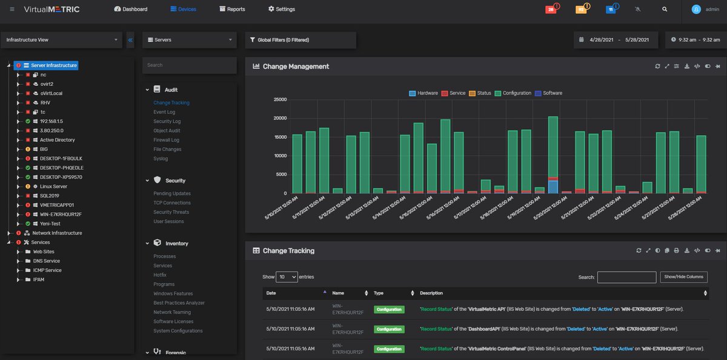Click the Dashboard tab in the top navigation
(x=131, y=9)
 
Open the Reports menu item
(x=232, y=9)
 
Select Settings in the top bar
(x=282, y=9)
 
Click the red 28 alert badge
(x=551, y=10)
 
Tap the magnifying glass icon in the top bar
(x=665, y=10)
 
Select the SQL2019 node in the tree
(x=50, y=196)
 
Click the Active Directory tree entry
(x=57, y=140)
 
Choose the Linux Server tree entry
(x=53, y=187)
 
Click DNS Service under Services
(x=46, y=261)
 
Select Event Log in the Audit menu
(x=164, y=112)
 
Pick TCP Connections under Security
(x=172, y=203)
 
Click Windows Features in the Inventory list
(x=173, y=293)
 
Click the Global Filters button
(x=280, y=40)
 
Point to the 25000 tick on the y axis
(x=279, y=99)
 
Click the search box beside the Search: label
(x=626, y=277)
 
